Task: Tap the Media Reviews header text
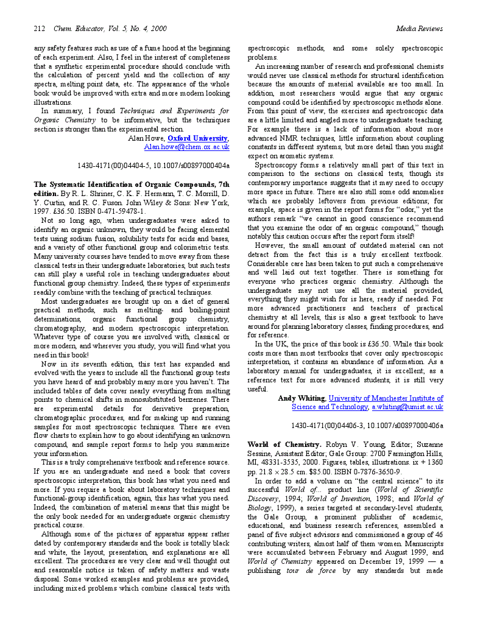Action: point(419,29)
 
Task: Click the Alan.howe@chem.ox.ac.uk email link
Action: point(186,147)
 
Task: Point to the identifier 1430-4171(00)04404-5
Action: point(115,165)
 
